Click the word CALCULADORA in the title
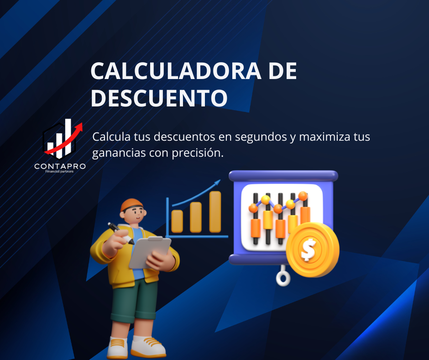coord(176,71)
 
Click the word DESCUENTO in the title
coord(159,97)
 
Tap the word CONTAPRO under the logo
coord(60,166)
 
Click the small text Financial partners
coord(59,171)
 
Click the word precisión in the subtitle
coord(198,153)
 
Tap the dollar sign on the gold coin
coord(309,249)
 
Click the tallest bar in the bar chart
coord(215,212)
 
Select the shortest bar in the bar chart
coord(177,222)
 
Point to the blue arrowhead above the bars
coord(218,183)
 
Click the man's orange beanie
coord(131,205)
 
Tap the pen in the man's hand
coord(120,233)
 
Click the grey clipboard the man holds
coord(150,253)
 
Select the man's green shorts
coord(134,301)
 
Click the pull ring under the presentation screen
coord(283,278)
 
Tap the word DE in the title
coord(283,71)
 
